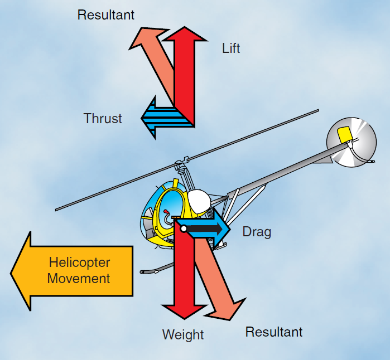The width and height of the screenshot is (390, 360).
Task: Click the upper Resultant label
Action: tap(105, 15)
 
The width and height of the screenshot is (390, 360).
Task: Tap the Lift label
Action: tap(231, 48)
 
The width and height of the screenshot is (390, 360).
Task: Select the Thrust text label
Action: tap(103, 118)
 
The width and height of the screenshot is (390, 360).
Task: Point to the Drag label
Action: tap(257, 231)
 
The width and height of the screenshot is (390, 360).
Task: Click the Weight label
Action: tap(183, 335)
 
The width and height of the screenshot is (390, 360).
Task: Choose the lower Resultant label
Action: tap(274, 332)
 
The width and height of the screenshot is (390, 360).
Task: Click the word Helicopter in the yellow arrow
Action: tap(79, 262)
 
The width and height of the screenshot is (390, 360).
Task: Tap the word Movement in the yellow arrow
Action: tap(79, 278)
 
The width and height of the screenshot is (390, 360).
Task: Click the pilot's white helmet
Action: tap(198, 201)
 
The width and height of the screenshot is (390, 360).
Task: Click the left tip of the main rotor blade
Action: tap(56, 210)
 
